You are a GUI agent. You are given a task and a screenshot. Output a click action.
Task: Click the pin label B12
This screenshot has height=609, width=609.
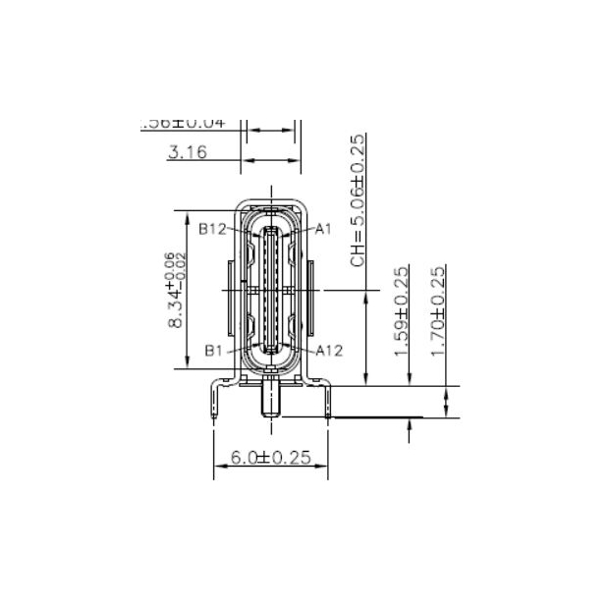pyautogui.click(x=213, y=229)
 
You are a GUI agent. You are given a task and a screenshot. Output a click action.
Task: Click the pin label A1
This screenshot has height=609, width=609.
pyautogui.click(x=323, y=228)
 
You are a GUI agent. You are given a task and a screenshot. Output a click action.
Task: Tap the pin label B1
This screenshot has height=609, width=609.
pyautogui.click(x=215, y=350)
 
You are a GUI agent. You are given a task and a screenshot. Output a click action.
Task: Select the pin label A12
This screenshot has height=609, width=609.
pyautogui.click(x=329, y=350)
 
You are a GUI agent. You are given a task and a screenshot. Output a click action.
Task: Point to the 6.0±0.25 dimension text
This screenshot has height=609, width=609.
pyautogui.click(x=270, y=457)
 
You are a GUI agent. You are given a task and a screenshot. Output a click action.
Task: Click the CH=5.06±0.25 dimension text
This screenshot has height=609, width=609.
pyautogui.click(x=359, y=200)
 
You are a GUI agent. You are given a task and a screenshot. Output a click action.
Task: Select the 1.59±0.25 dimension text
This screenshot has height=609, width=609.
pyautogui.click(x=402, y=313)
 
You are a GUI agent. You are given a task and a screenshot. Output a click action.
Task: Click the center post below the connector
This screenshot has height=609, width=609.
pyautogui.click(x=270, y=403)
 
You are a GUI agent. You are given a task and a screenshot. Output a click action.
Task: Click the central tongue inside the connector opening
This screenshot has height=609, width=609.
pyautogui.click(x=271, y=290)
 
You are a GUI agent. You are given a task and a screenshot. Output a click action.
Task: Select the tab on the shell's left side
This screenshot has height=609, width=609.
pyautogui.click(x=230, y=291)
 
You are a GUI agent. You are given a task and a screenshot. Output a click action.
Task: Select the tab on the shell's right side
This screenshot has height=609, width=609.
pyautogui.click(x=312, y=291)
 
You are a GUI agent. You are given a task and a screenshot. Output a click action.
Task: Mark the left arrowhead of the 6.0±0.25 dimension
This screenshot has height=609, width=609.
pyautogui.click(x=218, y=466)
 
